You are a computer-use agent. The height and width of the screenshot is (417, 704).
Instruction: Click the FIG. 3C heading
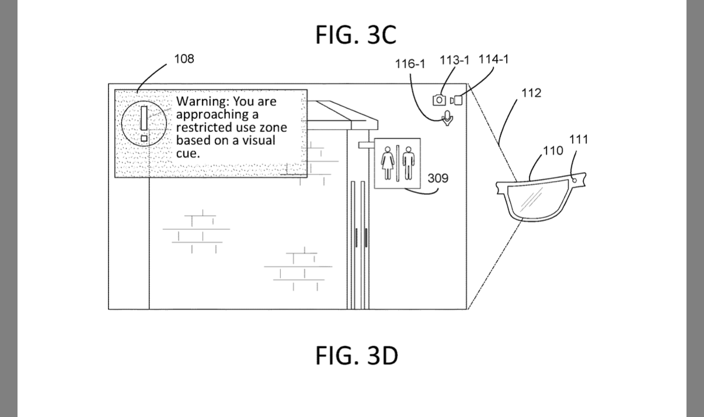(356, 34)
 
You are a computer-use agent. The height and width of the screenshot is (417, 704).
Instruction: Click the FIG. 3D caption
(357, 355)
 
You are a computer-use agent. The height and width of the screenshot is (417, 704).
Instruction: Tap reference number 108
(184, 59)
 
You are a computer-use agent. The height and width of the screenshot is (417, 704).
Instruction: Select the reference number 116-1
(410, 64)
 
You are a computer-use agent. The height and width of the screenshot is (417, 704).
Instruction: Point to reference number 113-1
(455, 60)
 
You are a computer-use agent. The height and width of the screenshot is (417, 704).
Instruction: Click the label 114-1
(493, 59)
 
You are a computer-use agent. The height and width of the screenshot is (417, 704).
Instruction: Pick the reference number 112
(531, 93)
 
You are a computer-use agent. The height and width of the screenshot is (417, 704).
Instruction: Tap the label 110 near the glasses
(553, 150)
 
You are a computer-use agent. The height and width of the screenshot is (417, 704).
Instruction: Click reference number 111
(578, 139)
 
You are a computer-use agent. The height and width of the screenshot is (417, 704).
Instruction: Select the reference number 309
(438, 178)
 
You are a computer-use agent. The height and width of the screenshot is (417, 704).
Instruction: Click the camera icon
(439, 100)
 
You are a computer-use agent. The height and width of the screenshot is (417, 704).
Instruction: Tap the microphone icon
(447, 118)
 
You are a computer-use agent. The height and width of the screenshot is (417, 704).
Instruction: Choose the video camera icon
(456, 100)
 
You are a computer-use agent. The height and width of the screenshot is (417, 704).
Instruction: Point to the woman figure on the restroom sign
(388, 163)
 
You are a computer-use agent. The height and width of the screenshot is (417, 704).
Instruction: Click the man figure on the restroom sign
(409, 163)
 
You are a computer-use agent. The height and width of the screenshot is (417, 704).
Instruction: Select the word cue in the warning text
(188, 153)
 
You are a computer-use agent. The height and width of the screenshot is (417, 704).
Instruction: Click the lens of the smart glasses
(538, 199)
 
